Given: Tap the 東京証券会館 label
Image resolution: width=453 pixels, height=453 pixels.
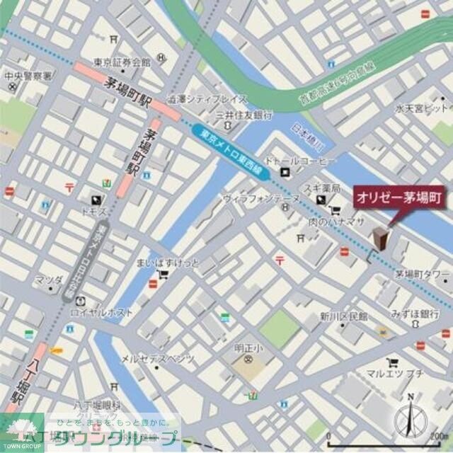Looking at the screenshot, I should (x=123, y=62).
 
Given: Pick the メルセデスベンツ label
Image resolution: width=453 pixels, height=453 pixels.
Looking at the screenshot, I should (x=158, y=358).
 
